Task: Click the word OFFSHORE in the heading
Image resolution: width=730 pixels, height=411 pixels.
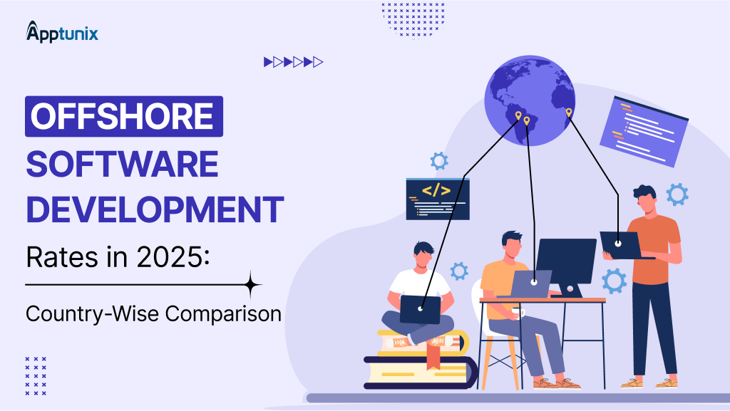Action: click(x=123, y=116)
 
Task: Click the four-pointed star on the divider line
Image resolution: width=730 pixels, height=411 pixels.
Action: click(x=251, y=285)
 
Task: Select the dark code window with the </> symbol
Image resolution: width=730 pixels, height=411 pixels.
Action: click(x=437, y=198)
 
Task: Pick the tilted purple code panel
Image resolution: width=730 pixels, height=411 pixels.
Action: click(x=643, y=130)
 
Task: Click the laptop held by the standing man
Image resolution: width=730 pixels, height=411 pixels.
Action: click(x=620, y=244)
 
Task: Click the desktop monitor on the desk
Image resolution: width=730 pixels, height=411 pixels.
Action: click(x=566, y=261)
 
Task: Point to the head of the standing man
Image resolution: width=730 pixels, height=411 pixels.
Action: click(x=644, y=199)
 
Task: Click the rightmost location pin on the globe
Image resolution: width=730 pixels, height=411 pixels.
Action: click(x=568, y=113)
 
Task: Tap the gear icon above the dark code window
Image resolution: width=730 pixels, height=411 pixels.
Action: click(x=439, y=160)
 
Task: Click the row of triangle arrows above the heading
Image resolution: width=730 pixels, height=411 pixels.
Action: click(x=293, y=62)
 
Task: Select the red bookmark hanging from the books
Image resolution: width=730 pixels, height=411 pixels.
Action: click(x=431, y=359)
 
